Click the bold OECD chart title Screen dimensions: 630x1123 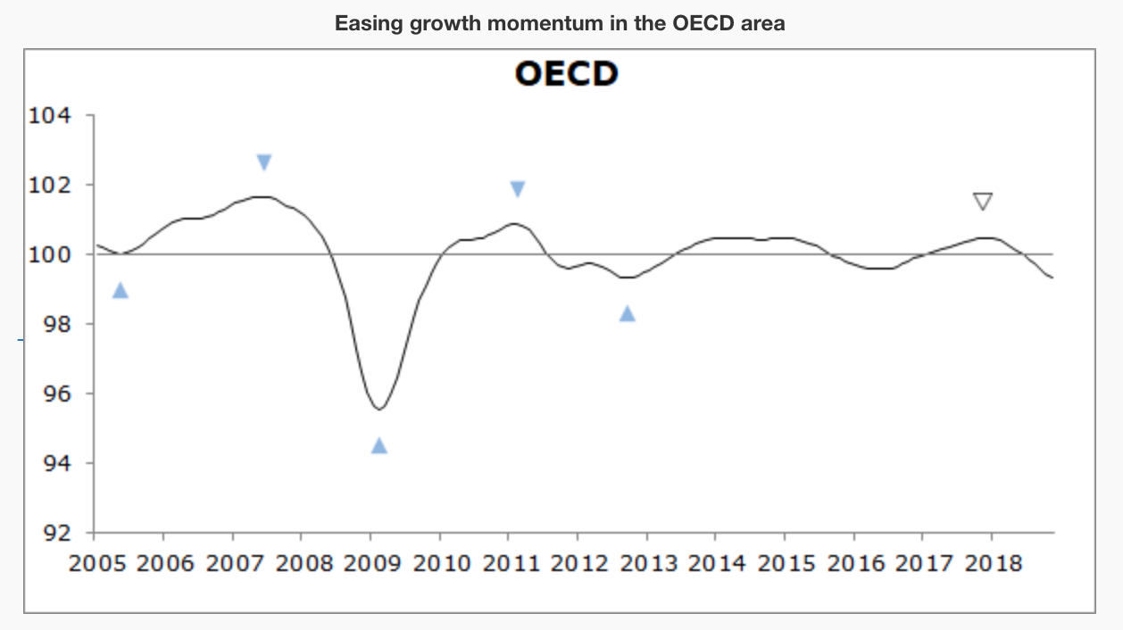point(566,74)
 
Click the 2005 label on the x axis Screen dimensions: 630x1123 point(94,564)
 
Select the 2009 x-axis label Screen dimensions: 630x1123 point(370,564)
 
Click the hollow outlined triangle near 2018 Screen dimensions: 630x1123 point(983,201)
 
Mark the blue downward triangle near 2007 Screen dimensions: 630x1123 point(264,162)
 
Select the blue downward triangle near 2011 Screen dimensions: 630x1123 point(518,189)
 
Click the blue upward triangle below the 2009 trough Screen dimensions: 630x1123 point(379,445)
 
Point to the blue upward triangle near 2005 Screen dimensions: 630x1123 point(121,290)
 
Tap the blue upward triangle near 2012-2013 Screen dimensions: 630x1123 point(628,313)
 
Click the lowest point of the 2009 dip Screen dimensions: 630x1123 point(379,409)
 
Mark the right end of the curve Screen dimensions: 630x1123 point(1053,278)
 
